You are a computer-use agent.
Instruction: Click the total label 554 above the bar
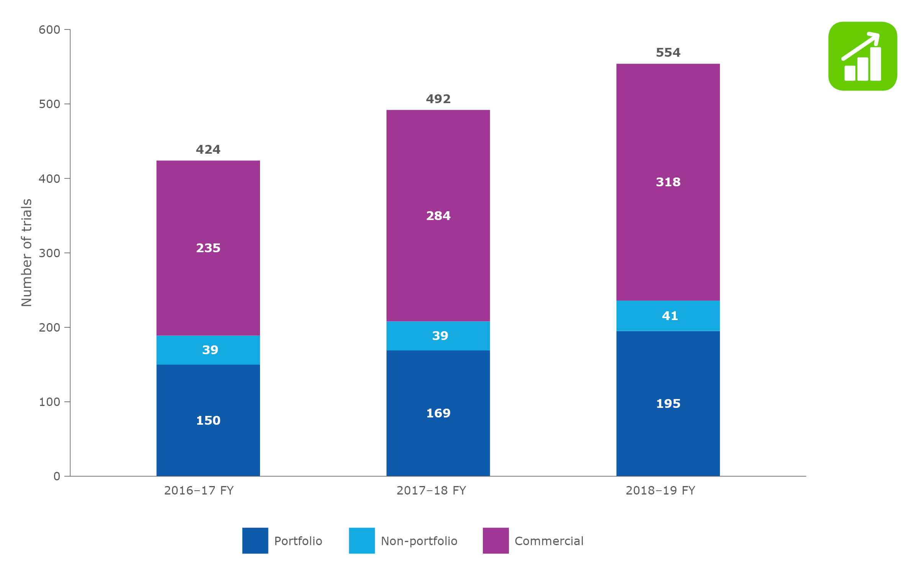[668, 53]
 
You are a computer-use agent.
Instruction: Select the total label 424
[208, 149]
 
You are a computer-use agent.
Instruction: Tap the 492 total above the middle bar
[438, 99]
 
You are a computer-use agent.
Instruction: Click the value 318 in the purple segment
[668, 182]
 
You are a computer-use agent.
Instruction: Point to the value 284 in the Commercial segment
[438, 216]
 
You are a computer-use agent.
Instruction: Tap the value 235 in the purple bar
[208, 248]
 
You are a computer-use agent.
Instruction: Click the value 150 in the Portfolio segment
[208, 421]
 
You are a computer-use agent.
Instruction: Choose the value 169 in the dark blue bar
[438, 413]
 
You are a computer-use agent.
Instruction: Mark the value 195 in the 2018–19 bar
[668, 404]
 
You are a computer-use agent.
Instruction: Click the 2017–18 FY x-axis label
[431, 490]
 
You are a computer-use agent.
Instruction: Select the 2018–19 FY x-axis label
[660, 490]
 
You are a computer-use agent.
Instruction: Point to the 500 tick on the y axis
[49, 104]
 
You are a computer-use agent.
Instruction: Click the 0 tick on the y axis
[57, 476]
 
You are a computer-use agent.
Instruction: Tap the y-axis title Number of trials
[26, 253]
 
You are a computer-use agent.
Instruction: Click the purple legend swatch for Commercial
[495, 540]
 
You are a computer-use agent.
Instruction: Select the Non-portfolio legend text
[419, 541]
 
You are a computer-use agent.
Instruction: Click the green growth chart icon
[862, 56]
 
